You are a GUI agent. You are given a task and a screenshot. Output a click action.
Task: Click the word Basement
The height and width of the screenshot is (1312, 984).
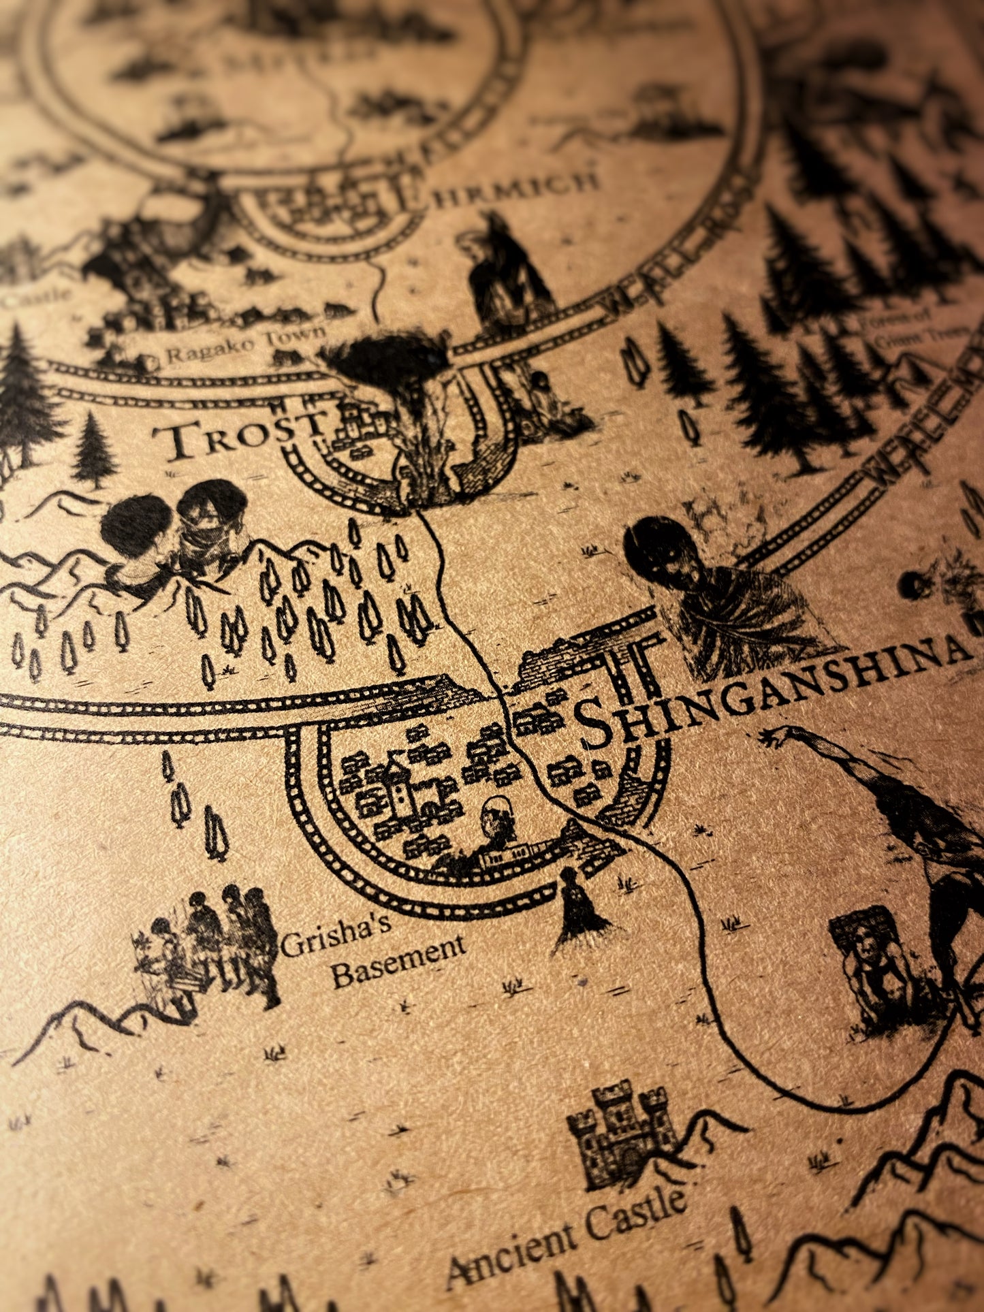[x=398, y=963]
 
